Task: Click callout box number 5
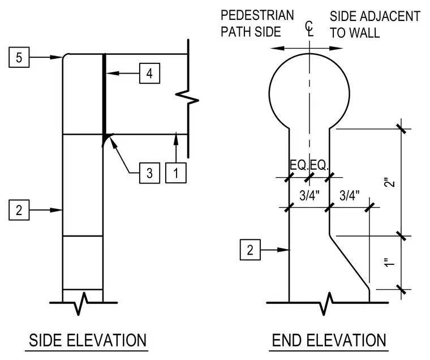[19, 57]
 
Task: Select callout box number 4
[149, 73]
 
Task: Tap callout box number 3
[149, 173]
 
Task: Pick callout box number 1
[176, 173]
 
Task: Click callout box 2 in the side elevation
[19, 210]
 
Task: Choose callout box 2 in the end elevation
[250, 250]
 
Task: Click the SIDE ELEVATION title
[88, 340]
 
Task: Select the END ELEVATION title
[329, 340]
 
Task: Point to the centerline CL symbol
[309, 29]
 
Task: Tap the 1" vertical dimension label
[390, 262]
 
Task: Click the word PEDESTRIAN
[257, 15]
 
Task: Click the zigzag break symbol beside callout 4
[187, 97]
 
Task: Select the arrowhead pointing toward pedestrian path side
[277, 48]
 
